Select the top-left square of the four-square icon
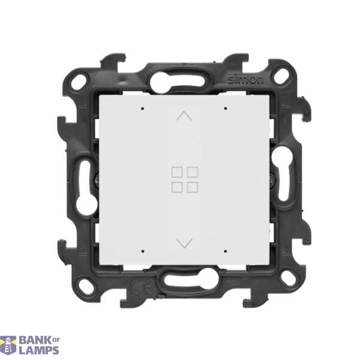[177, 172]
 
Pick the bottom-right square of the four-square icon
[193, 187]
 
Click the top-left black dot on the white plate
[143, 109]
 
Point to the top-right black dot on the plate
[226, 108]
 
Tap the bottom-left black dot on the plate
[143, 251]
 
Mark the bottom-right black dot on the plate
[226, 251]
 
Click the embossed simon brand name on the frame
[245, 79]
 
